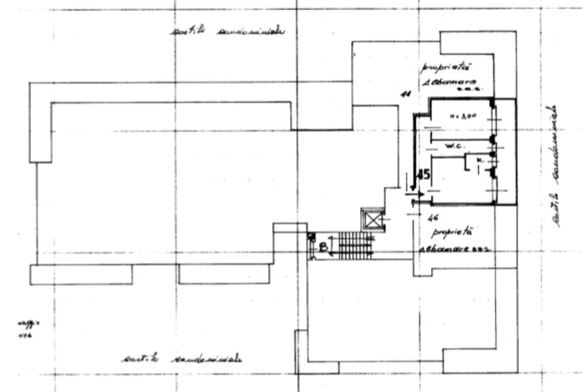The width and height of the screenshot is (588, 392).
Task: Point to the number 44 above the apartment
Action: [405, 94]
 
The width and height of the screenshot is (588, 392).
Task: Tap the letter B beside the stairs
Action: [323, 247]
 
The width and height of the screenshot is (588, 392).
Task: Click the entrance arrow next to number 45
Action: [416, 195]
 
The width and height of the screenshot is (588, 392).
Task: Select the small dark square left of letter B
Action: [311, 236]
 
